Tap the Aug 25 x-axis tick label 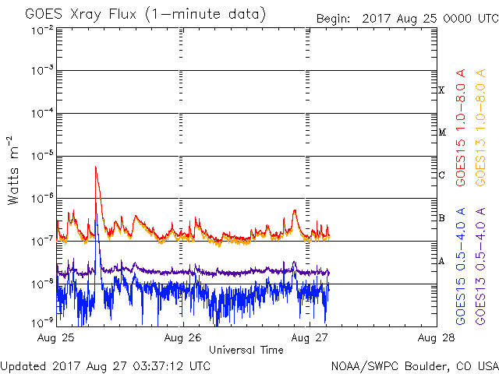point(58,338)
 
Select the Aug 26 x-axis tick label point(182,338)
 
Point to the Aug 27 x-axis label point(306,338)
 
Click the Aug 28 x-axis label point(430,338)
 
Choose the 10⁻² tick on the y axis point(43,30)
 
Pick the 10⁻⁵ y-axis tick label point(43,156)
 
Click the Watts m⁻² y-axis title point(13,170)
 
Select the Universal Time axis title point(246,350)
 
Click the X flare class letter point(441,90)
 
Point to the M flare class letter point(441,132)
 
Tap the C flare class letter point(441,175)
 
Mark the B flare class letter point(441,217)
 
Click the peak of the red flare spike point(95,166)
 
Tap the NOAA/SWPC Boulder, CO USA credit point(413,365)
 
